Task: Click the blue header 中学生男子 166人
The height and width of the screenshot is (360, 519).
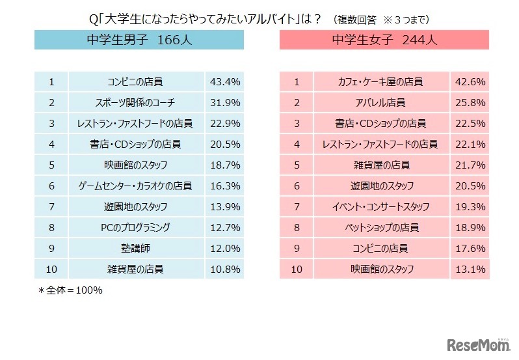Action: point(139,39)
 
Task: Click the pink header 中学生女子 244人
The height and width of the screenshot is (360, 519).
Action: point(384,39)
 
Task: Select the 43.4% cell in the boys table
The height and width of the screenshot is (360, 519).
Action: point(225,82)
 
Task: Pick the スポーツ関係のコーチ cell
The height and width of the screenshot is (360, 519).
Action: point(136,103)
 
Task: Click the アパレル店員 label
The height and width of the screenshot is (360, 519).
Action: point(380,103)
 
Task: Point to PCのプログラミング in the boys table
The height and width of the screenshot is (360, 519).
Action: point(136,227)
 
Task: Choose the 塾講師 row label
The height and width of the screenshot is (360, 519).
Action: point(136,248)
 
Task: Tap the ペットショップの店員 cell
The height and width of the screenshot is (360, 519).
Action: point(380,227)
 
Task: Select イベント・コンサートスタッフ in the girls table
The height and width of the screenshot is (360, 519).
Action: point(380,206)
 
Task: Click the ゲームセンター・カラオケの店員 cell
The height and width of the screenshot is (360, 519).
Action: point(136,186)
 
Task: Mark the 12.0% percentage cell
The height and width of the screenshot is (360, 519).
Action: point(225,248)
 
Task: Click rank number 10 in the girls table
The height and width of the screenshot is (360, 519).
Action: point(297,269)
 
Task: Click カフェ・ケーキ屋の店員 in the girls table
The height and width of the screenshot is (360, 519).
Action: point(380,82)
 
